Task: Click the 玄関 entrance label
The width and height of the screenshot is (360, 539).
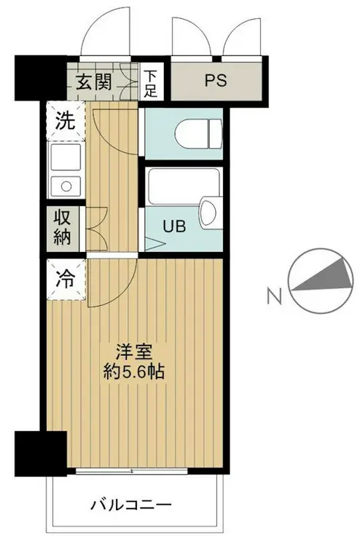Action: coord(93,81)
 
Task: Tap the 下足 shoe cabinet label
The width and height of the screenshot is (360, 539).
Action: coord(151,82)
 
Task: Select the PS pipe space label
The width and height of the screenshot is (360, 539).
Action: coord(216,81)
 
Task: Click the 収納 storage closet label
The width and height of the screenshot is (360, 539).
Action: coord(64,227)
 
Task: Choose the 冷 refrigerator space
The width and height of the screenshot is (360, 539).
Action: coord(66,278)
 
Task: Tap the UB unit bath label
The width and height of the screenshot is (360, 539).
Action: coord(175,226)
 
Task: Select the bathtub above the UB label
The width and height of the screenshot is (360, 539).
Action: coord(175,188)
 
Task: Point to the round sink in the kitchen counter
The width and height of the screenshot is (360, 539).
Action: coord(66,185)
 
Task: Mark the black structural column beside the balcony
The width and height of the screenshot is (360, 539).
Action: coord(40,451)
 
